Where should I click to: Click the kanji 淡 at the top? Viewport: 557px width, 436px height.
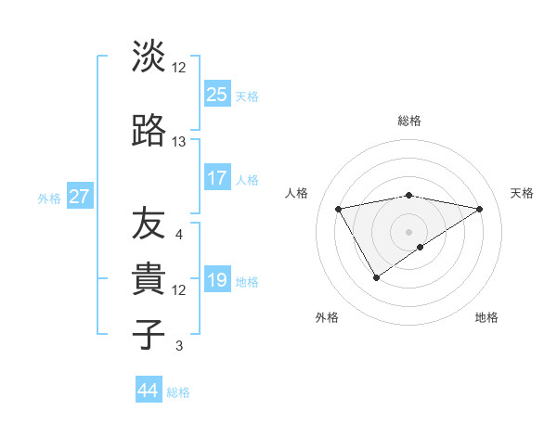(x=149, y=57)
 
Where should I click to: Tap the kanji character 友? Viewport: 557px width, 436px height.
(x=149, y=224)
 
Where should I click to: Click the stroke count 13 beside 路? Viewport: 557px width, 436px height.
(x=179, y=142)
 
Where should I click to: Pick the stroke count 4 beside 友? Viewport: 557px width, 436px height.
(x=179, y=235)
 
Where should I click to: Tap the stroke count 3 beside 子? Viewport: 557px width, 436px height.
(x=179, y=346)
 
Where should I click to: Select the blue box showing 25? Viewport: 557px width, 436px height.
(x=216, y=94)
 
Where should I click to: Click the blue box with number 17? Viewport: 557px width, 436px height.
(x=216, y=178)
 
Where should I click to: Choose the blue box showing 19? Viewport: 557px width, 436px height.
(x=216, y=280)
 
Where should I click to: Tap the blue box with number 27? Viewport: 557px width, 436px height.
(x=79, y=197)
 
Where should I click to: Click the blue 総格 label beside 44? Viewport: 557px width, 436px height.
(x=178, y=392)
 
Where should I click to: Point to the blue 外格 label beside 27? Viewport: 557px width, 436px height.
(x=49, y=198)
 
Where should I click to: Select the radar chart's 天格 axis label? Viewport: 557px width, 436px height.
(x=522, y=193)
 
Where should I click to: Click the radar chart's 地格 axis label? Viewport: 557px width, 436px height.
(x=486, y=317)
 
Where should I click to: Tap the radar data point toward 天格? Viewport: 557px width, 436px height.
(x=480, y=209)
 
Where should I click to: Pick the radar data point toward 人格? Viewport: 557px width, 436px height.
(x=339, y=208)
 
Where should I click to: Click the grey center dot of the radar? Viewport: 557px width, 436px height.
(x=408, y=230)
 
